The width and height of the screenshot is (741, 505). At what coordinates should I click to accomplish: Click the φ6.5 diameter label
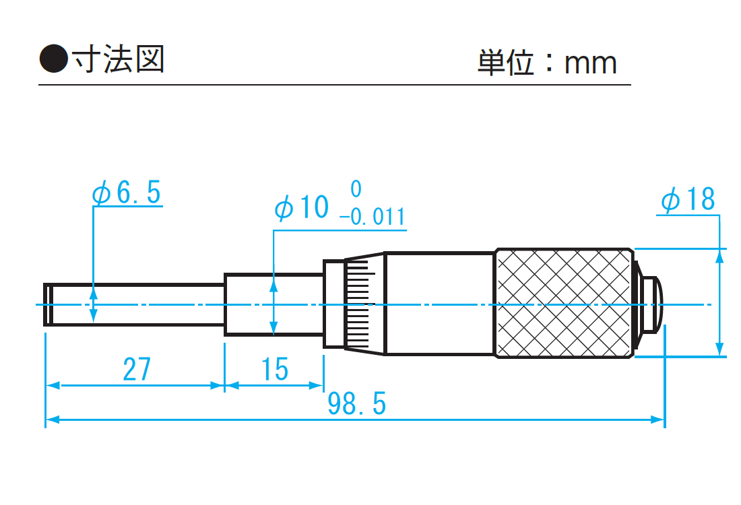pos(127,193)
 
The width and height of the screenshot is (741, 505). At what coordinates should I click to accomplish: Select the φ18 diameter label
pos(688,200)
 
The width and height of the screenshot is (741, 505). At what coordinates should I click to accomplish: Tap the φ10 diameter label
pos(302,207)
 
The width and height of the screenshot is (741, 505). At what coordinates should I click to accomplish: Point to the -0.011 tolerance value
pos(372,217)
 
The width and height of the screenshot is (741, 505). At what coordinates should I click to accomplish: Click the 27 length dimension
pos(137,370)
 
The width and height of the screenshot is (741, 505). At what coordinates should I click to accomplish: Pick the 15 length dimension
pos(275,370)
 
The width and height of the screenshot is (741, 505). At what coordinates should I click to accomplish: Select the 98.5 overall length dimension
pos(357,404)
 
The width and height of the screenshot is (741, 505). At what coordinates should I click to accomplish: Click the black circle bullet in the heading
pos(54,59)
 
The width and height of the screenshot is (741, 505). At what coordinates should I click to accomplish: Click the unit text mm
pos(591,63)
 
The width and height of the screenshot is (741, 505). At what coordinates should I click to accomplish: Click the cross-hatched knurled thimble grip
pos(565,303)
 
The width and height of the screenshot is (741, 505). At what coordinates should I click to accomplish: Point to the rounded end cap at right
pos(651,304)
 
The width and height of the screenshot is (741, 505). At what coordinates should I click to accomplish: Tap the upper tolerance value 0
pos(356,188)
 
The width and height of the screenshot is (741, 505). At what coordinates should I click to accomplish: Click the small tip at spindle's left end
pos(49,304)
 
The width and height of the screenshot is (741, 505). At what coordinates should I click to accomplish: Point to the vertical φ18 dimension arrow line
pos(720,303)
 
